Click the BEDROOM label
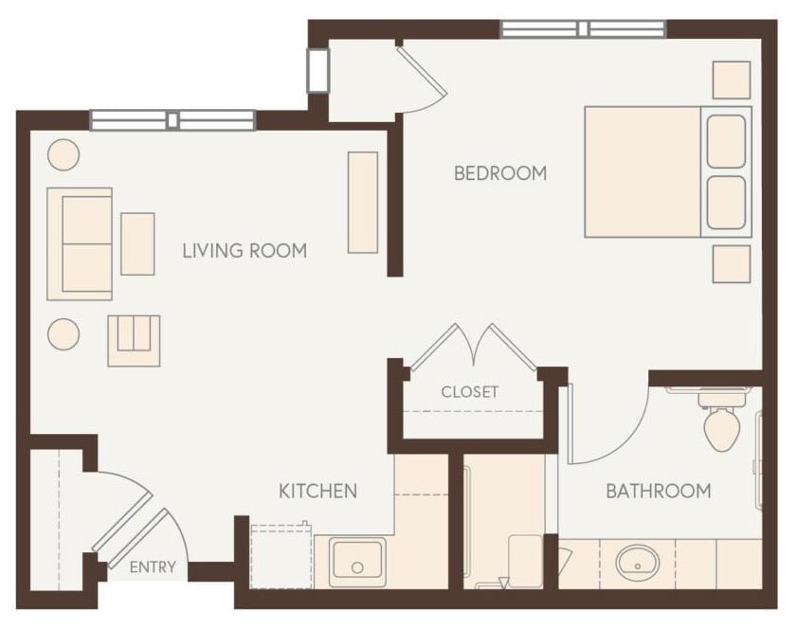[500, 173]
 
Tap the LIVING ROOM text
[245, 251]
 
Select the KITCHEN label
[317, 491]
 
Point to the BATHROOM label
[658, 491]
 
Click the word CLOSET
[469, 392]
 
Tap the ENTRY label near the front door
[153, 567]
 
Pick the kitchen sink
[357, 562]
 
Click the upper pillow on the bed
[726, 141]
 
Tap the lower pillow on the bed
[726, 202]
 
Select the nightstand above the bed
[732, 80]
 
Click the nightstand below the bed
[732, 263]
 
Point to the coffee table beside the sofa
[137, 243]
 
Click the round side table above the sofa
[63, 153]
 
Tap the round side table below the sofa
[63, 333]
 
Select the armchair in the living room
[134, 339]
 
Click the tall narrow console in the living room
[363, 202]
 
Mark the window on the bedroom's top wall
[583, 29]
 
